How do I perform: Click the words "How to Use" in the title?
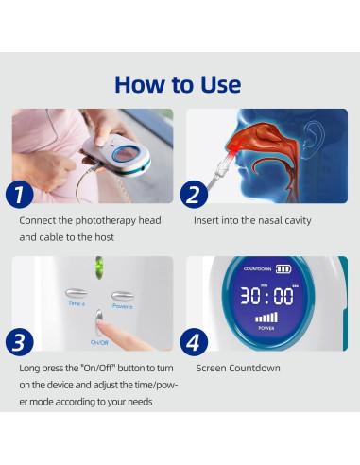coord(178,83)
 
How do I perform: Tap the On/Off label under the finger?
coord(98,341)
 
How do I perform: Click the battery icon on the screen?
coord(283,270)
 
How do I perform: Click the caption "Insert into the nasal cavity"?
coord(253,221)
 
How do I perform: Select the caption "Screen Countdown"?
coord(237,368)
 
